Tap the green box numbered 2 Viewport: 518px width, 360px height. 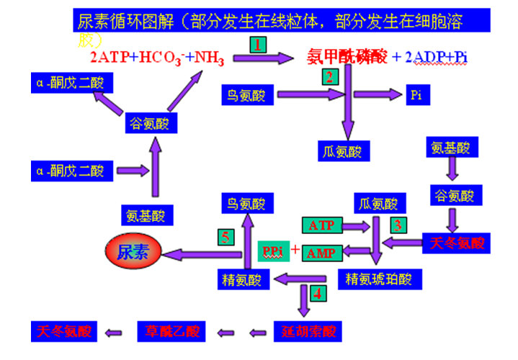[329, 76]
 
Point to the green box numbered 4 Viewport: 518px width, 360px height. [316, 294]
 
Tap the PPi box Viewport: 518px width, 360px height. [272, 251]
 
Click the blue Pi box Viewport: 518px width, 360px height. [416, 94]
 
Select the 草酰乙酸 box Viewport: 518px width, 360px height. [171, 332]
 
